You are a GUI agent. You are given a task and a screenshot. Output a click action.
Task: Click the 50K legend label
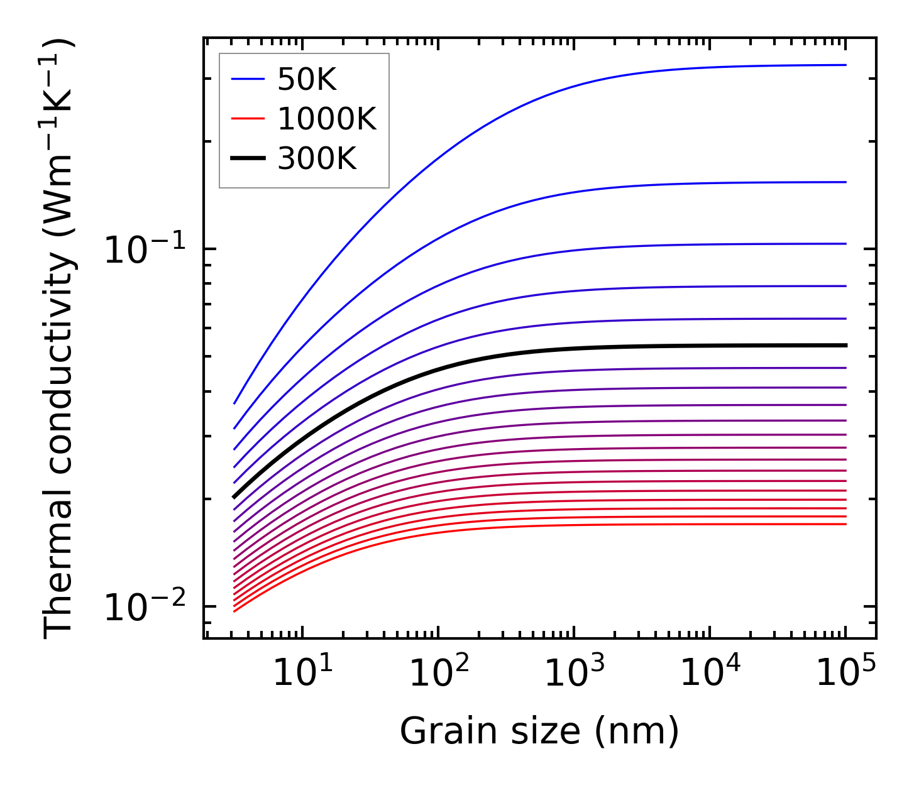tap(307, 80)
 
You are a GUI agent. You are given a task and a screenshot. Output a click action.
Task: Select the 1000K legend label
tap(326, 119)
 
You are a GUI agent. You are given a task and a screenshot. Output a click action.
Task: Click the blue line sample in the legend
tap(248, 79)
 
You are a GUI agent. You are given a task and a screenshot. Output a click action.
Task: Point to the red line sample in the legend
tap(248, 119)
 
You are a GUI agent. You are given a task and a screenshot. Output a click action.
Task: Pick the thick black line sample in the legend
tap(248, 158)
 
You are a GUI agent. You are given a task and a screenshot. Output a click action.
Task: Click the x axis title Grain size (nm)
tap(539, 731)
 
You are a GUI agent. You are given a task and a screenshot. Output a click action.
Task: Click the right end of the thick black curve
tap(846, 345)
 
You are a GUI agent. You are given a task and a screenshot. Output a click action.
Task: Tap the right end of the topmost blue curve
tap(846, 65)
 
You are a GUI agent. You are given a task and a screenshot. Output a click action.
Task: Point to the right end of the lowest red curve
tap(846, 524)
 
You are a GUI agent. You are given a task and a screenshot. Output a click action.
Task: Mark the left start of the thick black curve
tap(234, 497)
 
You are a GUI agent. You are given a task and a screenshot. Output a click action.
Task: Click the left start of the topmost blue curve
tap(234, 403)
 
